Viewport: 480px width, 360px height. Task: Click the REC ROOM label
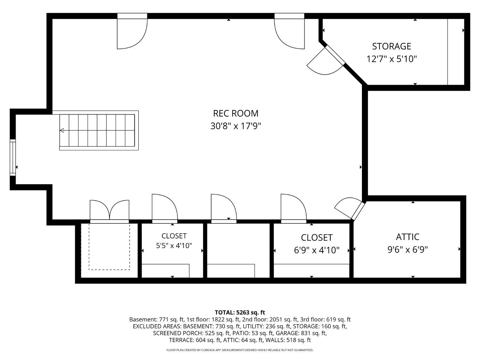click(236, 114)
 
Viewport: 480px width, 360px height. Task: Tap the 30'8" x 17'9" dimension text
click(236, 126)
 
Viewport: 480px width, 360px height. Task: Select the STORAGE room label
click(391, 46)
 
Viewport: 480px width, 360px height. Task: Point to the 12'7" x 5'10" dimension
click(391, 59)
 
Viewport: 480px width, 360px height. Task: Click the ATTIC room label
click(408, 237)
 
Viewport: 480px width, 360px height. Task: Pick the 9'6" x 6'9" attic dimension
click(408, 249)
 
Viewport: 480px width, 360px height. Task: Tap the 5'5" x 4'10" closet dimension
click(174, 246)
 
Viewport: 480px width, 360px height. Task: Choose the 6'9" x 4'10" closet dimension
click(316, 250)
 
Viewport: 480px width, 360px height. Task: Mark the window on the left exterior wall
click(13, 157)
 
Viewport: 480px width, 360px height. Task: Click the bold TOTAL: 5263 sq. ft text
click(240, 312)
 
